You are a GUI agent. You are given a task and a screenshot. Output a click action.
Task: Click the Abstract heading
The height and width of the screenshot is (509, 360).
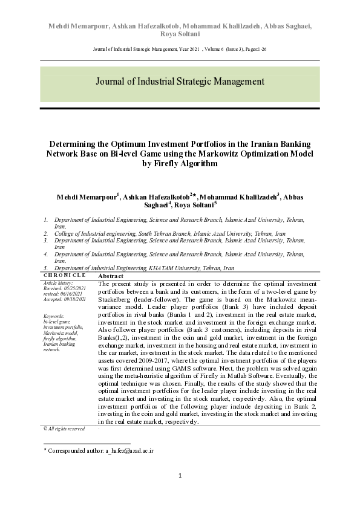111,276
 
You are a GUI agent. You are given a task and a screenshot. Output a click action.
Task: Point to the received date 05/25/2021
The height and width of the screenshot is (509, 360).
75,288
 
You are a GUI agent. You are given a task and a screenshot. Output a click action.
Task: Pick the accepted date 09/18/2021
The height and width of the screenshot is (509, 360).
75,299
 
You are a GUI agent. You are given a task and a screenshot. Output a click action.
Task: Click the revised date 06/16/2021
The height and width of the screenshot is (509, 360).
73,294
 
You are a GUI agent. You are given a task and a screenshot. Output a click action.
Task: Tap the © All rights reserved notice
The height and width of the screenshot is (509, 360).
64,429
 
